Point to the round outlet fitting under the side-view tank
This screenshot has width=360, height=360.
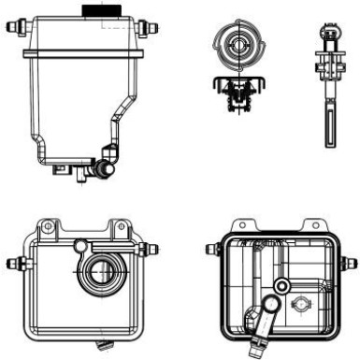tap(102, 171)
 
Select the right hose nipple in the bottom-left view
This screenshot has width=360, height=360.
tap(151, 250)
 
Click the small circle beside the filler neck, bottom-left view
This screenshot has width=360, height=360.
tap(80, 246)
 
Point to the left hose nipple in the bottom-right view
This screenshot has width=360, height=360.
tap(212, 250)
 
